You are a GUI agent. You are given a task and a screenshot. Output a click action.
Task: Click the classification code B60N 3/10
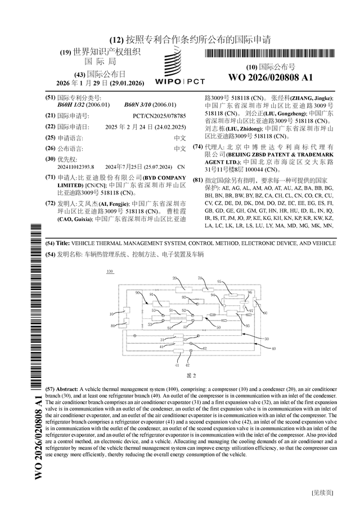tap(150, 105)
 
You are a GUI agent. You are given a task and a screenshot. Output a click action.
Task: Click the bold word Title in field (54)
tap(63, 243)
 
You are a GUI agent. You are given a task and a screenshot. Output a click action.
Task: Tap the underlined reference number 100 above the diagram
tap(109, 271)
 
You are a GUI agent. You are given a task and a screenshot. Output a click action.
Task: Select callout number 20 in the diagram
tap(174, 278)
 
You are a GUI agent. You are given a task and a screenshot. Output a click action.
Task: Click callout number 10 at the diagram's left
tap(111, 313)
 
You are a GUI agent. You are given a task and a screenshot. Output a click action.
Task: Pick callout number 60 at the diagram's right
tap(265, 313)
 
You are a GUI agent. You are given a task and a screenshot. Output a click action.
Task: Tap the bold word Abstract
tap(67, 389)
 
